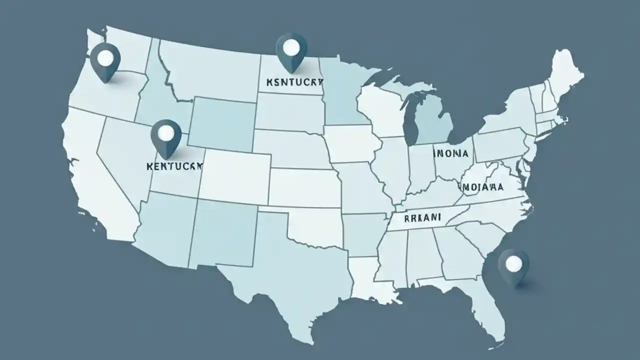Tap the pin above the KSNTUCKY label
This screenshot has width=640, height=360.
[291, 50]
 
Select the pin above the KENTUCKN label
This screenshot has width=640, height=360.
[167, 135]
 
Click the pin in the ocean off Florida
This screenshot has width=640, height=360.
[513, 265]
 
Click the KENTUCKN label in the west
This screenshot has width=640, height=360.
[174, 165]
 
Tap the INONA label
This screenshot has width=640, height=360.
[451, 154]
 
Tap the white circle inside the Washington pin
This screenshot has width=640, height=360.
[106, 56]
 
